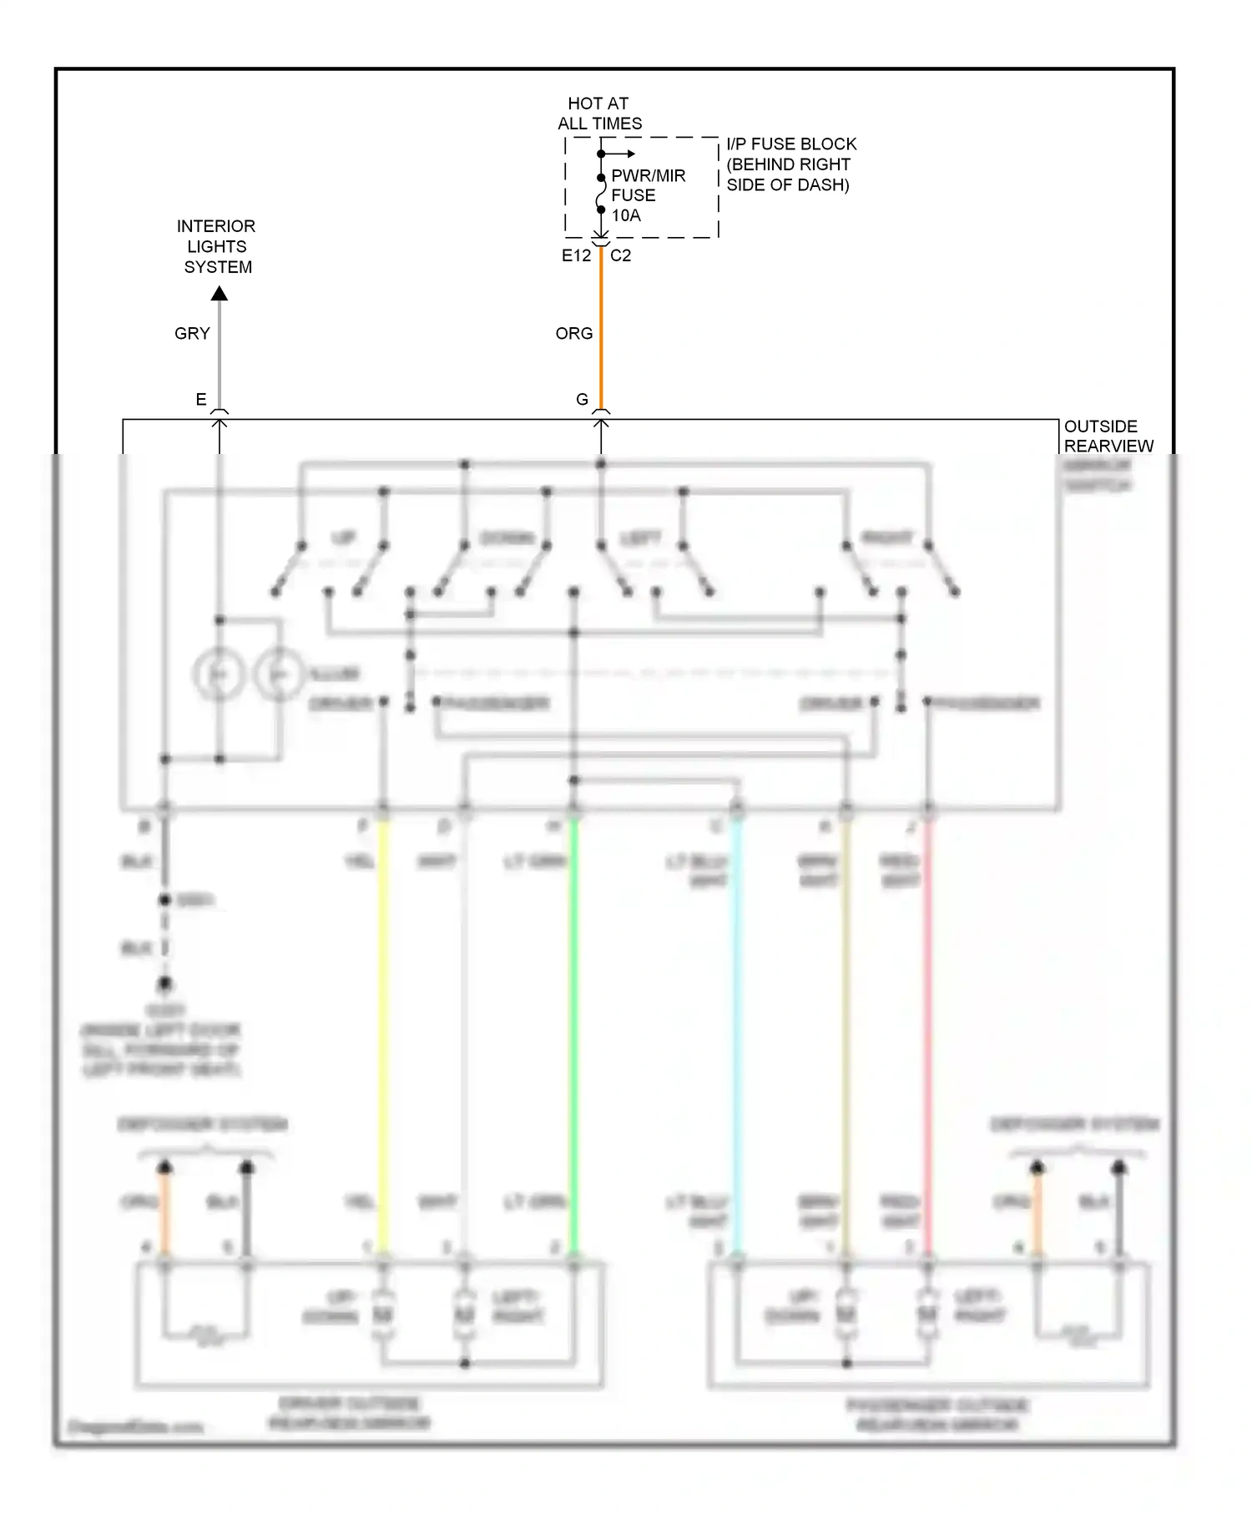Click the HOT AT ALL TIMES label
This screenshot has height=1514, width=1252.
coord(599,114)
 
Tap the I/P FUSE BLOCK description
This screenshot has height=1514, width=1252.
coord(790,164)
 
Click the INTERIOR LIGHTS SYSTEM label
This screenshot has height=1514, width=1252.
coord(217,246)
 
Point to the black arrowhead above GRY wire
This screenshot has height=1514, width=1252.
coord(220,294)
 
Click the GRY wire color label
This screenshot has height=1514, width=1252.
coord(192,333)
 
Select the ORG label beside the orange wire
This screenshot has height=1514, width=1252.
coord(574,333)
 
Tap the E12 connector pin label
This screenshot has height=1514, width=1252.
coord(576,255)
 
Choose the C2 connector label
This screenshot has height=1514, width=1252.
coord(621,255)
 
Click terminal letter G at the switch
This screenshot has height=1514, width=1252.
coord(583,399)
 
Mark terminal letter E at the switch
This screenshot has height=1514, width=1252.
coord(201,399)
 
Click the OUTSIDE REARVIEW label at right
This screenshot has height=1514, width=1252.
coord(1108,437)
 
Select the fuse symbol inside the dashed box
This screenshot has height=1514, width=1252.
coord(601,194)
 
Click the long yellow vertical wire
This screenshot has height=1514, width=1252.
coord(384,1035)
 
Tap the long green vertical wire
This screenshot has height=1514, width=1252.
coord(574,1035)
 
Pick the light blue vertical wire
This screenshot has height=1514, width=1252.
coord(737,1035)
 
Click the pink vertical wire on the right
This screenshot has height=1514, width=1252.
coord(927,1035)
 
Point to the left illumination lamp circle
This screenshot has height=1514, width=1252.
coord(219,674)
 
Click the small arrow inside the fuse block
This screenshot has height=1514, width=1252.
coord(622,154)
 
